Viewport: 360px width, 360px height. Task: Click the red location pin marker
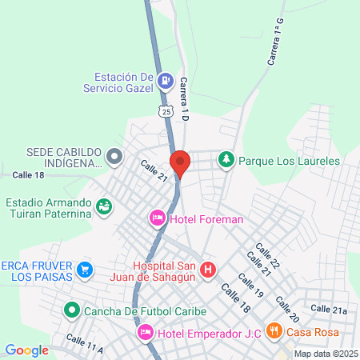pyautogui.click(x=180, y=162)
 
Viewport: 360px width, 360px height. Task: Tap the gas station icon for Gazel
pyautogui.click(x=165, y=80)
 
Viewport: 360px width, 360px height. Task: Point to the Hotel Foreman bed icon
pyautogui.click(x=157, y=218)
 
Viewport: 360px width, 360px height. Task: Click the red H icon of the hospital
pyautogui.click(x=208, y=270)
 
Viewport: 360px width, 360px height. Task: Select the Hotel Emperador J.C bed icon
pyautogui.click(x=146, y=332)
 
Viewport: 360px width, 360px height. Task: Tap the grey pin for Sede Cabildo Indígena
pyautogui.click(x=114, y=157)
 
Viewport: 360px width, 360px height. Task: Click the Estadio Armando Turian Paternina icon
pyautogui.click(x=103, y=207)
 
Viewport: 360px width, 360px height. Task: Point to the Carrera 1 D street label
pyautogui.click(x=184, y=99)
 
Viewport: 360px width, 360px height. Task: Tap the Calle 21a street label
pyautogui.click(x=329, y=310)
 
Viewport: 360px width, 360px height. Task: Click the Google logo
pyautogui.click(x=26, y=350)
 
